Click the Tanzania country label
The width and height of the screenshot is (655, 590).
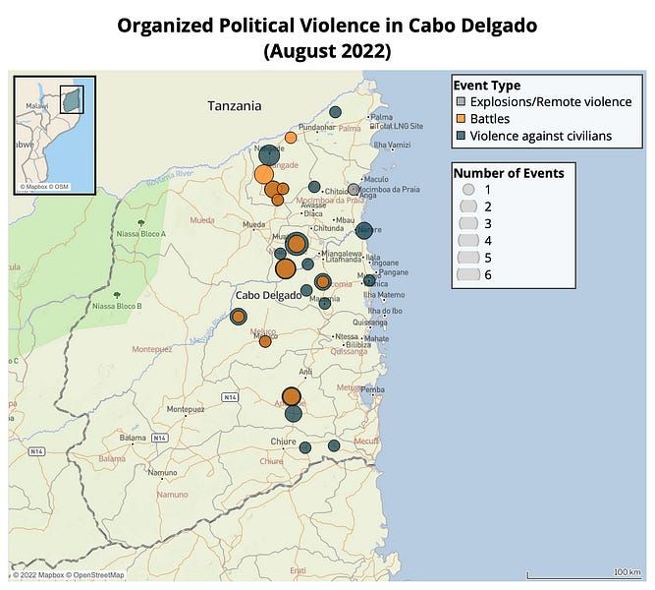tap(235, 105)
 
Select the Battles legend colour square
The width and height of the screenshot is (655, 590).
tap(460, 118)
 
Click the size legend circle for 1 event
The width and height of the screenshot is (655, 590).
tap(468, 188)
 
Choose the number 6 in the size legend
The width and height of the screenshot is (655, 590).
tap(487, 274)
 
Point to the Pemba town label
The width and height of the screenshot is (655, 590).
tap(372, 389)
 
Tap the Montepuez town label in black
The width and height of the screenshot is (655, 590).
tap(186, 409)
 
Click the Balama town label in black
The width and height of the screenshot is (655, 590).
tap(133, 437)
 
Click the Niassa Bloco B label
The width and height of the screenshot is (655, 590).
tap(117, 306)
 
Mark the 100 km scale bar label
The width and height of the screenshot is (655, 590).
tap(627, 571)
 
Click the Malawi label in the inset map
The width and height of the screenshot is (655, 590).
tap(36, 103)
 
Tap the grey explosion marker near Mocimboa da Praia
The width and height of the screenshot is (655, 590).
tap(354, 189)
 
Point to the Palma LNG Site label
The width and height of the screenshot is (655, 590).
tap(400, 126)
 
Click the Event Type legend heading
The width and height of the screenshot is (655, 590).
tap(486, 85)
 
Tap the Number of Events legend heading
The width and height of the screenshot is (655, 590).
tap(508, 172)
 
